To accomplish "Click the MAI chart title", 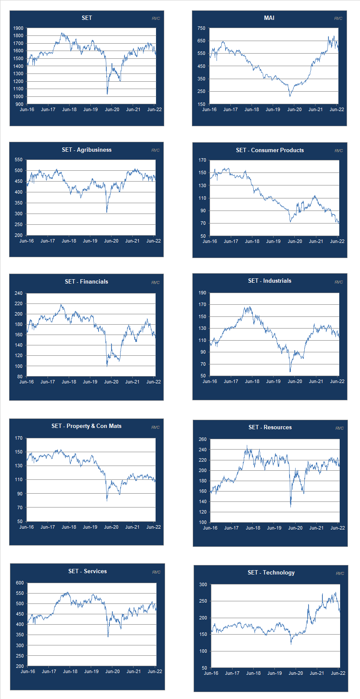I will tap(269, 18).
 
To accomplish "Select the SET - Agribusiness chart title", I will tap(86, 150).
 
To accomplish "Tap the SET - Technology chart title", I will tap(271, 572).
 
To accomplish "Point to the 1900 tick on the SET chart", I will tap(18, 28).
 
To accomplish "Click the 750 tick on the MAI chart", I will tap(201, 28).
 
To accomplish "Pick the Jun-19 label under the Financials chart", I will tap(90, 382).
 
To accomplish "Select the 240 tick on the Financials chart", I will tap(18, 293).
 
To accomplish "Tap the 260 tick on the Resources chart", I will tap(202, 439).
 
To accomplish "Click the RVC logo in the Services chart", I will tap(156, 572).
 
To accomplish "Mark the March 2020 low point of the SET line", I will tap(107, 93).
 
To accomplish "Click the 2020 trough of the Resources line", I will tap(290, 507).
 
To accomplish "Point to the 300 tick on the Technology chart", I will tap(203, 584).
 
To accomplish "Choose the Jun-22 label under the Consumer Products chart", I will tap(337, 241).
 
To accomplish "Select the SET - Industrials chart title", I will tap(270, 281).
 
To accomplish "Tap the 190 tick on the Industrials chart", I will tap(202, 293).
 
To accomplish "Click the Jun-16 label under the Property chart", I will tap(26, 527).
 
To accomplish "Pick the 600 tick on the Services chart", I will tap(20, 583).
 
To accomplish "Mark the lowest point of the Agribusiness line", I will tap(107, 212).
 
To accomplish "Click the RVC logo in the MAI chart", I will tap(338, 18).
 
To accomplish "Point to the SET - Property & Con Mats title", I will tap(86, 426).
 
